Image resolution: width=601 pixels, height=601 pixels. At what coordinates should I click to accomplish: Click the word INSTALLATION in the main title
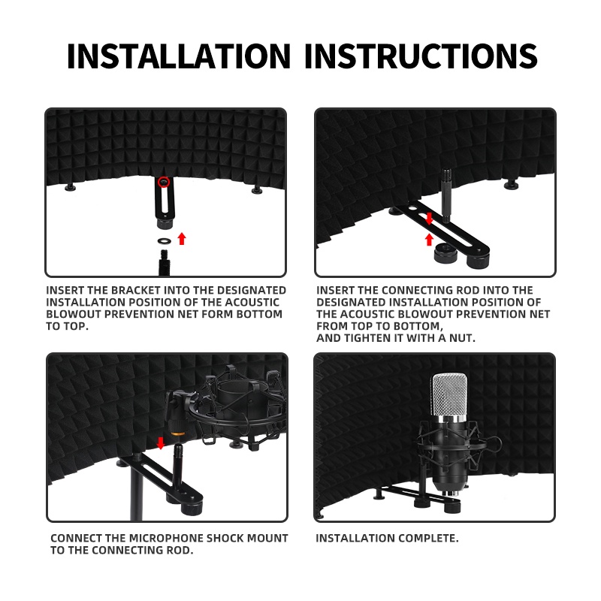pos(179,56)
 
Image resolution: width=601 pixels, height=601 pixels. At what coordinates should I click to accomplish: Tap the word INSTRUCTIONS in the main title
pos(421,56)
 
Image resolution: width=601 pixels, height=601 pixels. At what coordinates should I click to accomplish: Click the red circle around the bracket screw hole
pos(164,182)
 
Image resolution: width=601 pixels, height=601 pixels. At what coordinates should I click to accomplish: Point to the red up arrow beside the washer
pos(182,238)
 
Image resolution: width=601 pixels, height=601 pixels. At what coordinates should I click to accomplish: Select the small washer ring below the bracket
pos(165,241)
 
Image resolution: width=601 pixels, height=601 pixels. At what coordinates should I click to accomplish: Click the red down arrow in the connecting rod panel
pos(429,219)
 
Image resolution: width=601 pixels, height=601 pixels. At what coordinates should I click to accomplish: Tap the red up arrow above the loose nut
pos(429,240)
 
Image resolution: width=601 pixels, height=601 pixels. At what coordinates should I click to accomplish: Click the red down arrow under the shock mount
pos(161,443)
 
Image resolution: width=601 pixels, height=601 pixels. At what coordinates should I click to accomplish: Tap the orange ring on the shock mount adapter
pos(178,433)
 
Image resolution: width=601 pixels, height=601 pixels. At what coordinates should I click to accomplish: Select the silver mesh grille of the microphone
pos(449,395)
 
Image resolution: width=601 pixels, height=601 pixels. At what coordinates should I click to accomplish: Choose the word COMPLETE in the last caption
pos(427,538)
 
